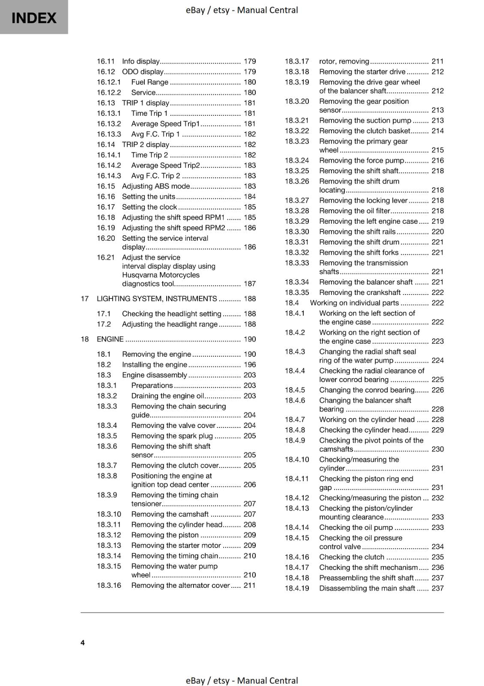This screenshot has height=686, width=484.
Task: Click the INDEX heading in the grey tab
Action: pyautogui.click(x=34, y=18)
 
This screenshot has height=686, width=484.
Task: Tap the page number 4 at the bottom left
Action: pyautogui.click(x=83, y=642)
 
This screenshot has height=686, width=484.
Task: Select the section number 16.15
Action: pyautogui.click(x=106, y=186)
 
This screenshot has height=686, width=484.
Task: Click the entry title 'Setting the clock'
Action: pyautogui.click(x=149, y=207)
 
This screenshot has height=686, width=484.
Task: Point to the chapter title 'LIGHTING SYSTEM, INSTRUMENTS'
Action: pyautogui.click(x=157, y=299)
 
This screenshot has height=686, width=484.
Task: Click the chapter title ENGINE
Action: pyautogui.click(x=110, y=339)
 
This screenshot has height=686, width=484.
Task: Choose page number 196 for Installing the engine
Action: pyautogui.click(x=250, y=365)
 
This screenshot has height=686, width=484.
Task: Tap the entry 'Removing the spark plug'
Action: pyautogui.click(x=172, y=436)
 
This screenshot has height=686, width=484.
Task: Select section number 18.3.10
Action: pyautogui.click(x=109, y=514)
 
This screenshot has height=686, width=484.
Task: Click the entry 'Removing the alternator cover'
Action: pyautogui.click(x=180, y=586)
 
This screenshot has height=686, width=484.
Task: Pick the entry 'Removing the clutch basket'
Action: pyautogui.click(x=364, y=131)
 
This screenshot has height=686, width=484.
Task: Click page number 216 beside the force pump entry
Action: pyautogui.click(x=438, y=161)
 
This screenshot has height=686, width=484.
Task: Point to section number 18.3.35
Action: pyautogui.click(x=297, y=293)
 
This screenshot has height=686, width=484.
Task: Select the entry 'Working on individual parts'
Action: pyautogui.click(x=354, y=303)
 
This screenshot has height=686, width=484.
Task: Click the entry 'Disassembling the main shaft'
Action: pyautogui.click(x=367, y=589)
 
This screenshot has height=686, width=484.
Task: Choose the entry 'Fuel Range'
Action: pyautogui.click(x=149, y=82)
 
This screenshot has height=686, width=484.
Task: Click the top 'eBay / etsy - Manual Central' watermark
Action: pyautogui.click(x=242, y=10)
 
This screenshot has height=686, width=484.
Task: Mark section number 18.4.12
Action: pyautogui.click(x=297, y=498)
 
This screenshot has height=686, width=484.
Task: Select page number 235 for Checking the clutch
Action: pyautogui.click(x=438, y=557)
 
